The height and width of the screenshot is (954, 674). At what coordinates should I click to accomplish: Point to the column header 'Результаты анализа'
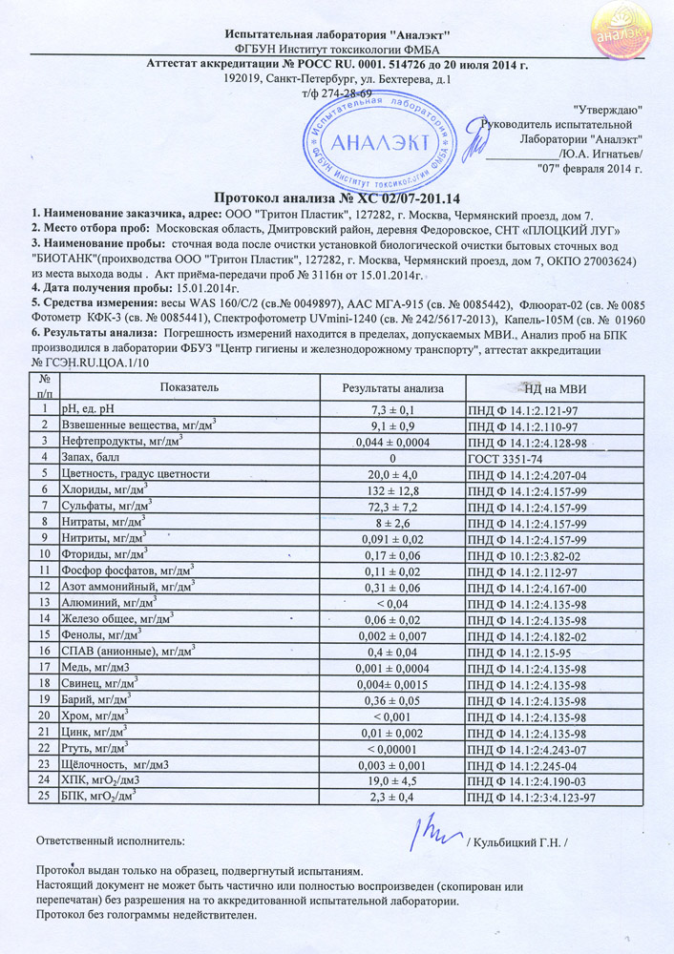coord(392,387)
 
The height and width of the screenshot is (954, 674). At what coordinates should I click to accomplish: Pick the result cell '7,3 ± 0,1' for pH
coord(392,409)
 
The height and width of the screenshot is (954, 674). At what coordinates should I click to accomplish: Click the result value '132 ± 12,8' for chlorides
coord(392,489)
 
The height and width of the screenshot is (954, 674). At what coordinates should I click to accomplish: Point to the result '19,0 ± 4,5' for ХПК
coord(392,780)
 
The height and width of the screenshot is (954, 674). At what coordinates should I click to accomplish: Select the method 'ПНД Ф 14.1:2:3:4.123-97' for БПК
coord(532,797)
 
